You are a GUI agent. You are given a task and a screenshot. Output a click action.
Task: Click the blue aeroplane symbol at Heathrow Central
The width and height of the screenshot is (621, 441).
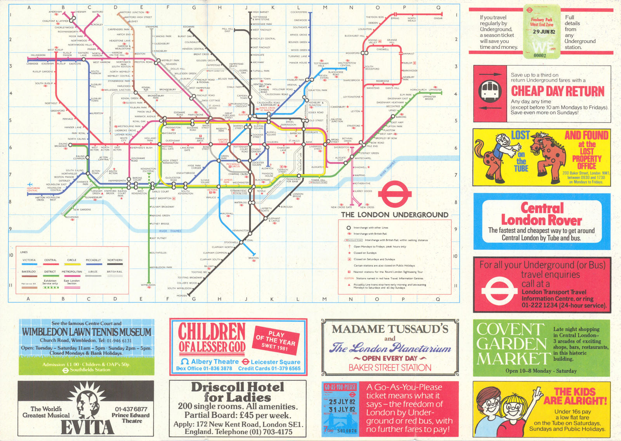click(x=29, y=185)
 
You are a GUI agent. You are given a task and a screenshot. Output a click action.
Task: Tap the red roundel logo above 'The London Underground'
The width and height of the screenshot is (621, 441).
click(x=394, y=195)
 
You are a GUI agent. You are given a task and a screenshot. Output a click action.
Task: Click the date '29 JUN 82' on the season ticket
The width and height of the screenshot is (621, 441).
click(x=543, y=32)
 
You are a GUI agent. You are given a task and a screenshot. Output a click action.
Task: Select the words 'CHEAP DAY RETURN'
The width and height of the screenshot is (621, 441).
click(x=557, y=91)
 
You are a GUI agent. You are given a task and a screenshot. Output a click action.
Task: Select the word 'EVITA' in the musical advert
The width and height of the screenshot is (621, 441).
click(x=87, y=427)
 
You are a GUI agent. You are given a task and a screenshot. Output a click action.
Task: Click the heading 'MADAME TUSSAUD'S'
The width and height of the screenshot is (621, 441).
click(x=390, y=329)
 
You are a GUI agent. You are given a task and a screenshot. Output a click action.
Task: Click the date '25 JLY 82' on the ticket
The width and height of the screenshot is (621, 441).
click(x=342, y=402)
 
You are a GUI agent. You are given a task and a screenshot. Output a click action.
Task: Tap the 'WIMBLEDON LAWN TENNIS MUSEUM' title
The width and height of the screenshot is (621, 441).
click(x=87, y=332)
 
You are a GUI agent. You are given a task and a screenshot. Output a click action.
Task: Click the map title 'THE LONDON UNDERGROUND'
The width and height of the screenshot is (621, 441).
click(x=394, y=214)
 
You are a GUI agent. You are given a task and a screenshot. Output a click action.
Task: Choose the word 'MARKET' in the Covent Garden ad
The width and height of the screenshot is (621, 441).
click(x=513, y=359)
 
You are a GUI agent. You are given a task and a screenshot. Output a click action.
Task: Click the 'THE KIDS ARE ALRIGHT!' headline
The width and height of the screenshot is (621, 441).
click(x=574, y=396)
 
